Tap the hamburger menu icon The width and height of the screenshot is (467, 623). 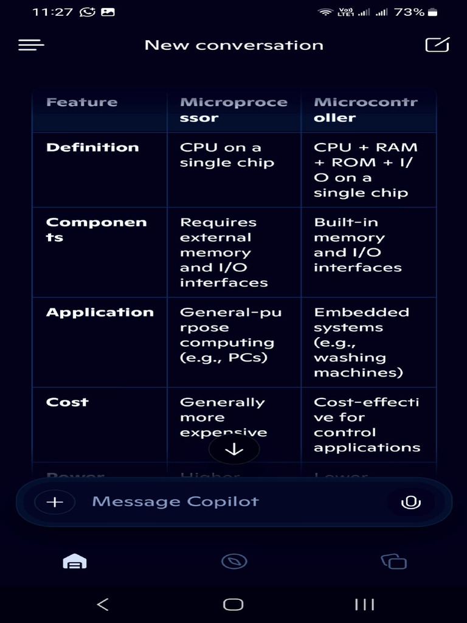[x=32, y=45]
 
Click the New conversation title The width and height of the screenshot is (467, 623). [x=233, y=45]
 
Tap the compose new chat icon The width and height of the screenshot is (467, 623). [x=437, y=45]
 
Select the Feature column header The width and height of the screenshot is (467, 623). [x=82, y=102]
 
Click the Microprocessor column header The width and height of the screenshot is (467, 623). [x=233, y=110]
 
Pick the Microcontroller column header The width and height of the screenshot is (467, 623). [x=365, y=110]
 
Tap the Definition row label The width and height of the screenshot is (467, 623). [x=92, y=147]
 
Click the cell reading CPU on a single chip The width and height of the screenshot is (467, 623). [x=227, y=155]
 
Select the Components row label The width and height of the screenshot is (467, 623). [x=96, y=230]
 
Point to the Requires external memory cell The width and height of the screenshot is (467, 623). [x=224, y=252]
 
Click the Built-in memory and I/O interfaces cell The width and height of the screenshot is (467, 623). [x=358, y=245]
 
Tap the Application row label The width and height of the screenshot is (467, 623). [x=100, y=313]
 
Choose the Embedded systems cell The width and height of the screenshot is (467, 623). [x=361, y=343]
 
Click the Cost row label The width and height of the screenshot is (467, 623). [x=67, y=402]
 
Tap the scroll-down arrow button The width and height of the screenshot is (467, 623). [x=234, y=450]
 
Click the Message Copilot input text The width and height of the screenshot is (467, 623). [x=175, y=502]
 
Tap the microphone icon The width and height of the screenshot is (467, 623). [x=410, y=503]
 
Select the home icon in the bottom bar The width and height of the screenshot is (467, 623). [x=74, y=562]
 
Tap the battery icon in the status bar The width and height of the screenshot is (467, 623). [x=432, y=12]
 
